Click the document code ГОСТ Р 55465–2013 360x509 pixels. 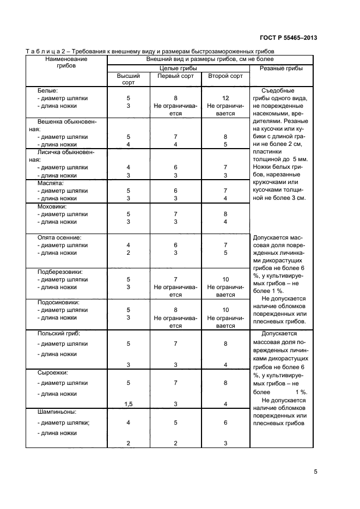pos(289,38)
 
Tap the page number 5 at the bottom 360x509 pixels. pos(315,472)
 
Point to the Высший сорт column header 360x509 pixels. pos(129,79)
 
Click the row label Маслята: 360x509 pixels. pos(51,183)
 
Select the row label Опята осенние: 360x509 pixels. pos(59,238)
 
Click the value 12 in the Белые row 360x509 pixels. pos(225,99)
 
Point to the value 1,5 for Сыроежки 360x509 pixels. pos(129,404)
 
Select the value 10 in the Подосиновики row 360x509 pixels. pos(225,310)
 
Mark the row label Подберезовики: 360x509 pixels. pos(59,272)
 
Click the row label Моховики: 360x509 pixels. pos(52,207)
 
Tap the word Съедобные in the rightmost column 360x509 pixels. pos(278,90)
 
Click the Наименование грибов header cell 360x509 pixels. pos(66,62)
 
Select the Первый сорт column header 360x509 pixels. pos(175,76)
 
